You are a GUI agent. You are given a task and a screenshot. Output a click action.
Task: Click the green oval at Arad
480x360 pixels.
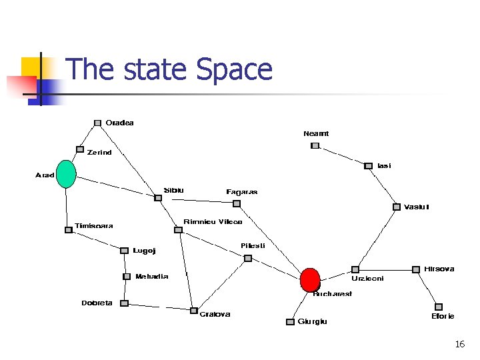65,174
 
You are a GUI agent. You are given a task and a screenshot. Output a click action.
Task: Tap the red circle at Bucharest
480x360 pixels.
310,279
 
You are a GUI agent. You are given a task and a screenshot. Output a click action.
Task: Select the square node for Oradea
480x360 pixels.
97,123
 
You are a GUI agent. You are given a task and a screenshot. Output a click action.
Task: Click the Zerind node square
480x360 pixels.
80,149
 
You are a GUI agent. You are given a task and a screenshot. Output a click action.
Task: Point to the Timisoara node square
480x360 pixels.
68,230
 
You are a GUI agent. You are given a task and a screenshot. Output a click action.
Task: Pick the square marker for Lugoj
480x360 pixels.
124,251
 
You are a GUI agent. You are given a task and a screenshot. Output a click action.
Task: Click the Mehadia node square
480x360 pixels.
127,276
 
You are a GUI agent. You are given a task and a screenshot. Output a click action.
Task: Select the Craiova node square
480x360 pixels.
193,311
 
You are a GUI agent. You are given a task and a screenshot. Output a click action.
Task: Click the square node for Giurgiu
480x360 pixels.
290,322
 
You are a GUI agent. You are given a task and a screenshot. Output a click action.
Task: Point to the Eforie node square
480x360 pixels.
439,307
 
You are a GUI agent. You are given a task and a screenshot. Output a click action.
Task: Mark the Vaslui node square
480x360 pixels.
397,207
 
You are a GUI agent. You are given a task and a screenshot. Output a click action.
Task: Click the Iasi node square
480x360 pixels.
368,165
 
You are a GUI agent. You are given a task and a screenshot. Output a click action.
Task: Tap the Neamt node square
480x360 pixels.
315,145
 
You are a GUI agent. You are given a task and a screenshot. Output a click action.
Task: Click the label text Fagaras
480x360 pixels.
241,192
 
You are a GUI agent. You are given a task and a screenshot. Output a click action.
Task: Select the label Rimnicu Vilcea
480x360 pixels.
213,221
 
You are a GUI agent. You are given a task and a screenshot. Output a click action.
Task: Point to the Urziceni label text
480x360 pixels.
368,279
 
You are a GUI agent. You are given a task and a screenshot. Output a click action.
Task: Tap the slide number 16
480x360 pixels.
459,344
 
